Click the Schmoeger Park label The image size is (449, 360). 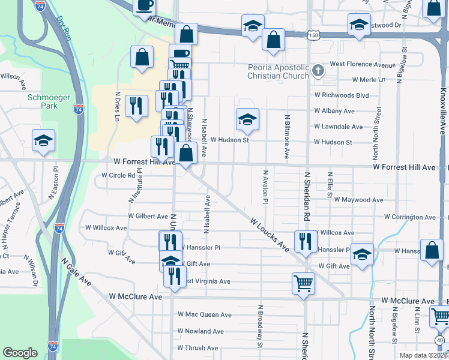[41, 101]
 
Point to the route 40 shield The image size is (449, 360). [441, 340]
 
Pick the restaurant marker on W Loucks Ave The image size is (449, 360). [306, 241]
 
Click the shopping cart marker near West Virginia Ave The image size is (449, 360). [303, 283]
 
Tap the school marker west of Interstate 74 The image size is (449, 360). [44, 141]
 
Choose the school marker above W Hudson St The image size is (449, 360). [247, 119]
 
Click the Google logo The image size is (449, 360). [20, 353]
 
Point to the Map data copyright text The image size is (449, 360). [423, 355]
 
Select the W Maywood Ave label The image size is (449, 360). [358, 200]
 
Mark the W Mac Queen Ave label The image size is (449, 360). [204, 314]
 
